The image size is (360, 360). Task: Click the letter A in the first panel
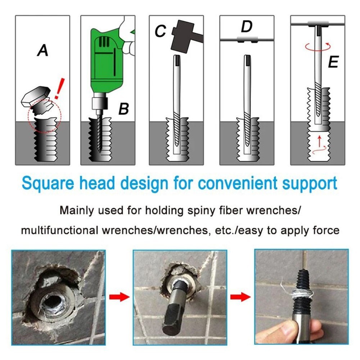pyautogui.click(x=42, y=50)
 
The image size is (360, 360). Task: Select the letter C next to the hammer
pyautogui.click(x=160, y=31)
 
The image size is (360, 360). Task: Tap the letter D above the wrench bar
pyautogui.click(x=247, y=27)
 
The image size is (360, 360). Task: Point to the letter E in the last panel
pyautogui.click(x=333, y=63)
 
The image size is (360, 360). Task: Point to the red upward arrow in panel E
pyautogui.click(x=318, y=143)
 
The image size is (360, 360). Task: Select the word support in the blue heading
pyautogui.click(x=308, y=184)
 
